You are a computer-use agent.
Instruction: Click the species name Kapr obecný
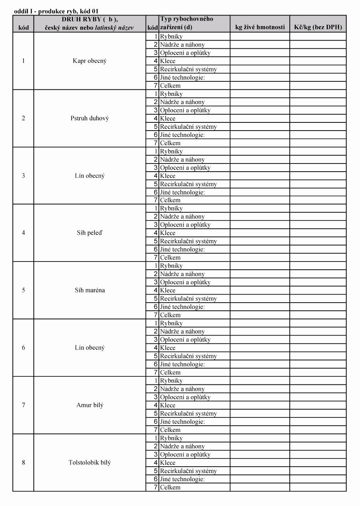pyautogui.click(x=89, y=61)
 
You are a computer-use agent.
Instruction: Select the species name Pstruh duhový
pyautogui.click(x=89, y=118)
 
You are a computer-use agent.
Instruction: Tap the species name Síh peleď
pyautogui.click(x=89, y=233)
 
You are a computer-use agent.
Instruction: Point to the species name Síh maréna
pyautogui.click(x=89, y=290)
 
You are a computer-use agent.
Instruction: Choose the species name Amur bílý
pyautogui.click(x=89, y=405)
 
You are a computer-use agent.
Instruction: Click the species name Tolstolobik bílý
pyautogui.click(x=89, y=463)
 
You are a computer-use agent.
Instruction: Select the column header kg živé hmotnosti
pyautogui.click(x=260, y=27)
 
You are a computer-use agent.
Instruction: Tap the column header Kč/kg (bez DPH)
pyautogui.click(x=318, y=27)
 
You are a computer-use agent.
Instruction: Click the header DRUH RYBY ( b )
pyautogui.click(x=89, y=19)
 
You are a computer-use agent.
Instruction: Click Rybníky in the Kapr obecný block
pyautogui.click(x=171, y=37)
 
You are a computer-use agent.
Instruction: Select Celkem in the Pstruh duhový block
pyautogui.click(x=170, y=143)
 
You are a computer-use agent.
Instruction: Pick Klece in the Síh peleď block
pyautogui.click(x=168, y=233)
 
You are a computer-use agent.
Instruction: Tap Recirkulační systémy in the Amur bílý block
pyautogui.click(x=188, y=414)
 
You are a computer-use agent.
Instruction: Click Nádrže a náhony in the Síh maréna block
pyautogui.click(x=182, y=274)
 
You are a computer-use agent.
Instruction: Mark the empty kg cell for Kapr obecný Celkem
pyautogui.click(x=260, y=86)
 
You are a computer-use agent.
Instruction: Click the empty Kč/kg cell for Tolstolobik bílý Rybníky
pyautogui.click(x=318, y=438)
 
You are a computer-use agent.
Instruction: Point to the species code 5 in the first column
pyautogui.click(x=23, y=290)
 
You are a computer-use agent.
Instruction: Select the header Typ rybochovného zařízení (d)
pyautogui.click(x=187, y=23)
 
